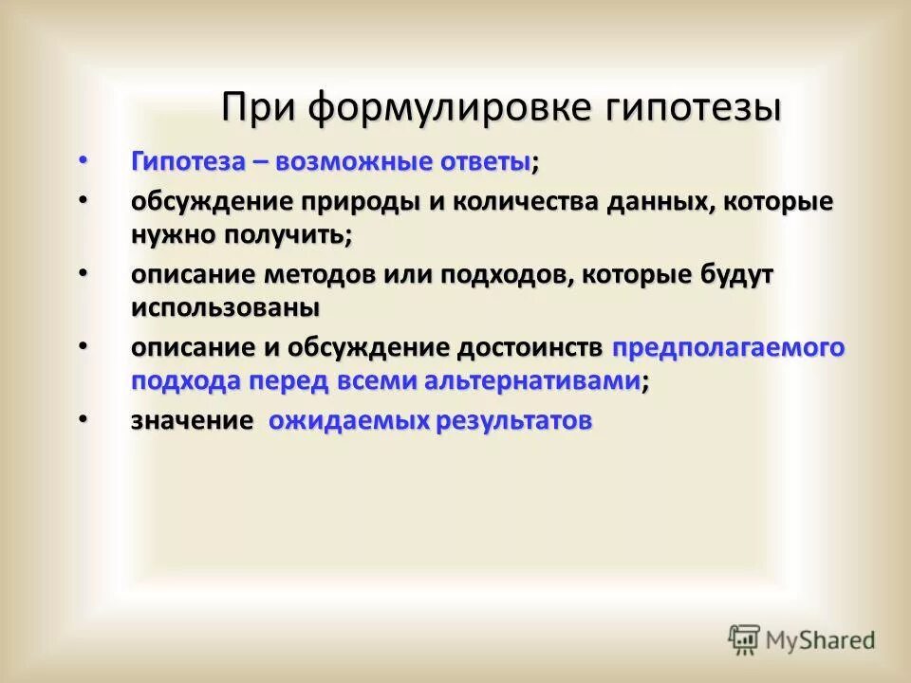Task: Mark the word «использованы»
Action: click(x=225, y=307)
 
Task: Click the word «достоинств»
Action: click(x=530, y=348)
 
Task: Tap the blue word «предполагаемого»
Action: click(x=729, y=348)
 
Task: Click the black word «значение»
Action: click(x=192, y=421)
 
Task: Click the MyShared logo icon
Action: click(x=745, y=638)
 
